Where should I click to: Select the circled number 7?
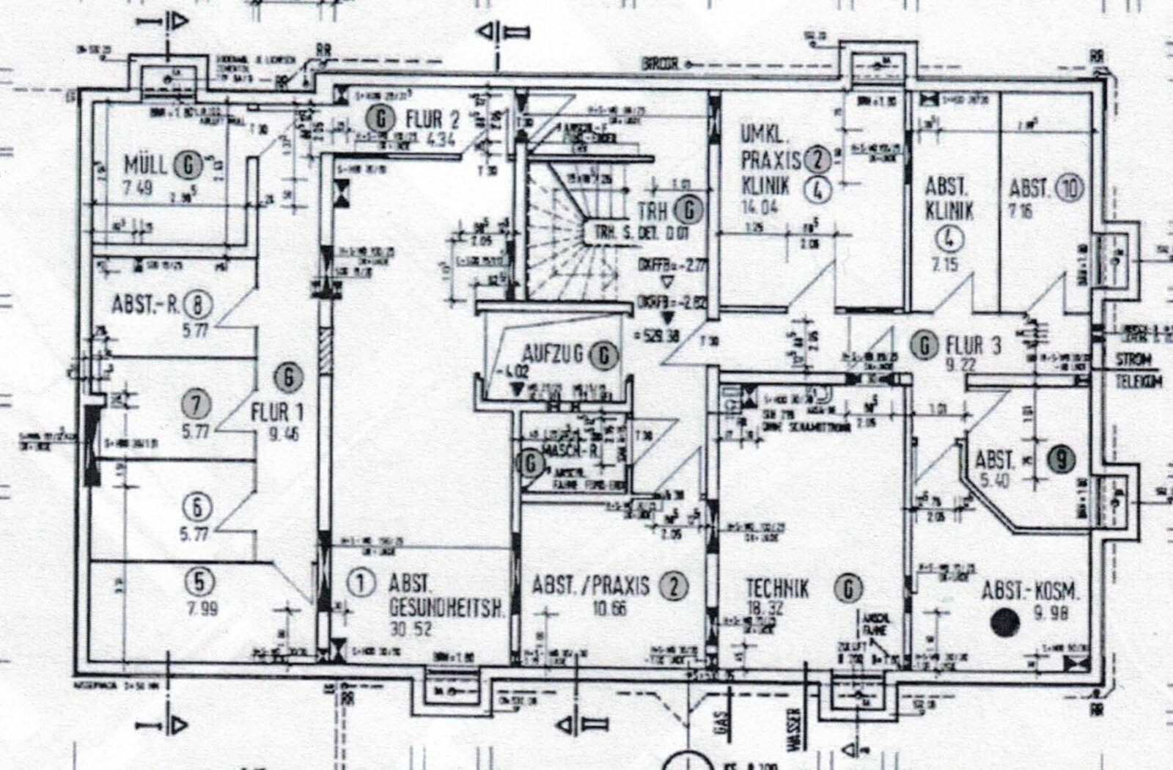click(197, 404)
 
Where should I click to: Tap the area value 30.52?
click(411, 628)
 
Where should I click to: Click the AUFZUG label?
click(553, 353)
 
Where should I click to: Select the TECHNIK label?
click(777, 588)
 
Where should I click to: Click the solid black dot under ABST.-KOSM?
click(1004, 622)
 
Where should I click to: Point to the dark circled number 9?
click(1061, 459)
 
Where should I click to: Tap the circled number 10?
click(1068, 189)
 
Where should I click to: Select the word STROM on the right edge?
click(1133, 360)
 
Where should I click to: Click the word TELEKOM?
click(1138, 381)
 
